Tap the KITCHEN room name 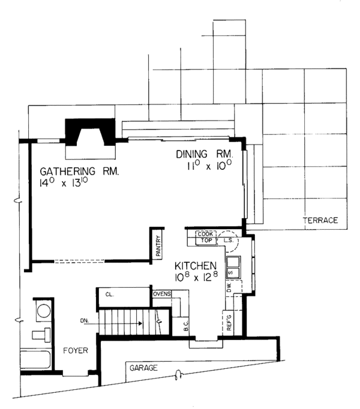click(x=196, y=266)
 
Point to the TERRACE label click(x=321, y=221)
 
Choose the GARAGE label click(x=142, y=367)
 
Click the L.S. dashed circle click(x=228, y=240)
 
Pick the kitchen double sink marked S click(x=232, y=268)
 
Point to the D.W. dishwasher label click(x=229, y=288)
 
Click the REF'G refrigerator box click(x=229, y=323)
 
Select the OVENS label click(x=162, y=294)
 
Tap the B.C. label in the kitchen click(x=186, y=327)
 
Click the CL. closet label click(x=110, y=294)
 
